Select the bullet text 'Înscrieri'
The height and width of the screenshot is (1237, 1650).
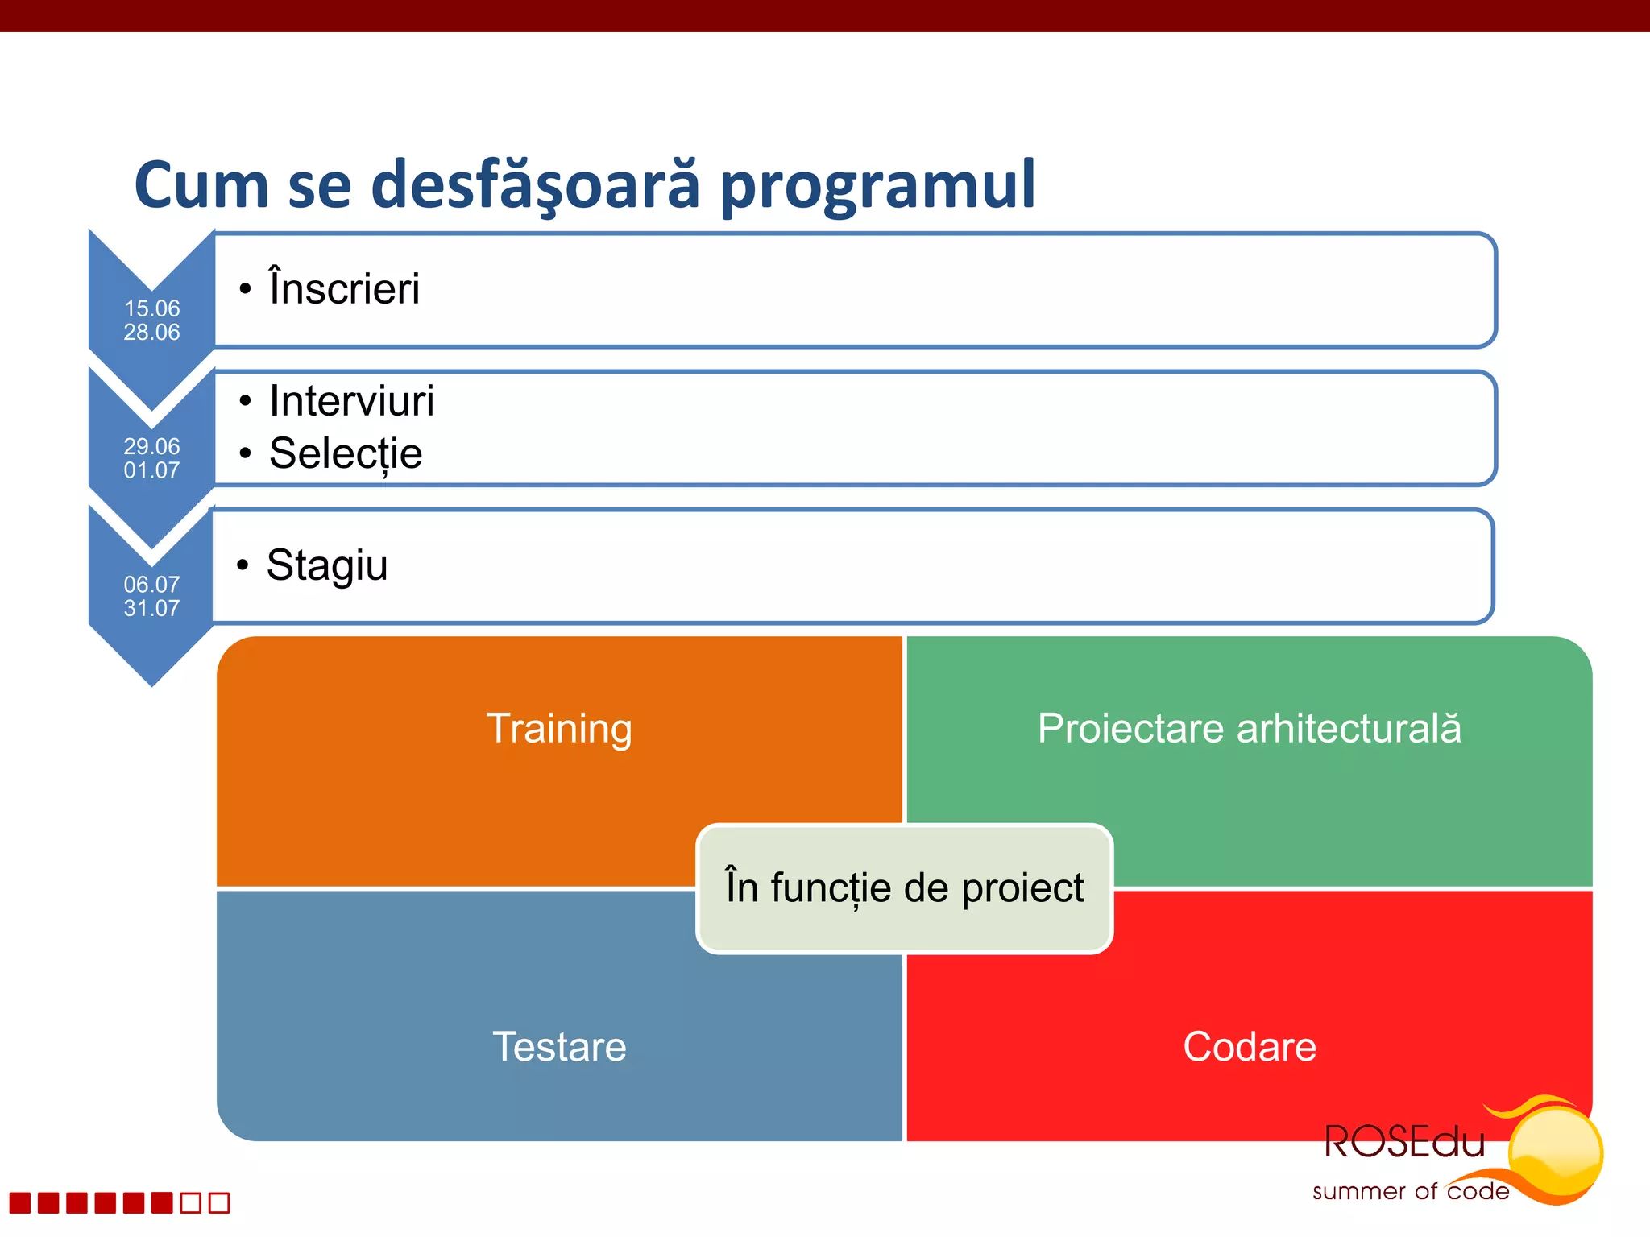(x=344, y=288)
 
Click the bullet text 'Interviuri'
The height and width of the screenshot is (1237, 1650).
(x=351, y=400)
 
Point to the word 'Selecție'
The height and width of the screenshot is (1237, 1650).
(x=346, y=453)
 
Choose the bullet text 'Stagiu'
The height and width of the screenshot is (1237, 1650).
(x=327, y=565)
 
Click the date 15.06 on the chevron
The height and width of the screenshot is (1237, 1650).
(x=151, y=308)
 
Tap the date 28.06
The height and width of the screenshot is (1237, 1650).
(x=151, y=332)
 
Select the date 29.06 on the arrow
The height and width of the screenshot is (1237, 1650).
(x=151, y=446)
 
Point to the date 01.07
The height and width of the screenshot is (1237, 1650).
(x=151, y=470)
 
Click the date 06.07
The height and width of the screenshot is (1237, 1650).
(x=151, y=585)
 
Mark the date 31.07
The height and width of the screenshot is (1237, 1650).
(x=151, y=608)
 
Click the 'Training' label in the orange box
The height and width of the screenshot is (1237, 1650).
(x=559, y=729)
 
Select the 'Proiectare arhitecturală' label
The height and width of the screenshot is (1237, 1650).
(x=1249, y=729)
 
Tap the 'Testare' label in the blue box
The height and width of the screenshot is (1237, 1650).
(x=559, y=1047)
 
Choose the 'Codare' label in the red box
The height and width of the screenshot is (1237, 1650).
(x=1249, y=1047)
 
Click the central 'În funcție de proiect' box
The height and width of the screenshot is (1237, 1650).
(x=904, y=888)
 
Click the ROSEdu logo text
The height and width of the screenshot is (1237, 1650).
(x=1404, y=1143)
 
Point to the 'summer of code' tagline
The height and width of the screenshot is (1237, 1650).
(x=1410, y=1191)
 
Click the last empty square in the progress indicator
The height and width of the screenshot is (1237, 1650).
(x=219, y=1202)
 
